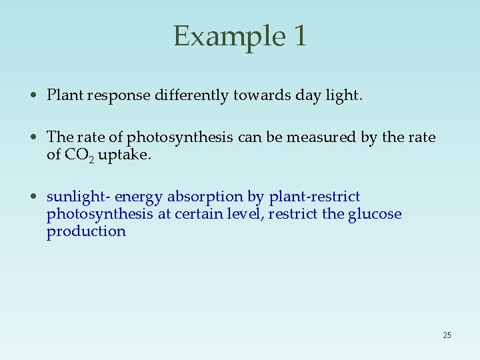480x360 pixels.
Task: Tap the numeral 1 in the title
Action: tap(299, 36)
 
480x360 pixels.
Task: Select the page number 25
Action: tap(447, 335)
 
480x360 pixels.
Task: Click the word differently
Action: tap(192, 96)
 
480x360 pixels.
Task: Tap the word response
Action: tap(118, 96)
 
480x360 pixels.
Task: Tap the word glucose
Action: tap(375, 214)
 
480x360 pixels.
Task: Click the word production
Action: tap(86, 231)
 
